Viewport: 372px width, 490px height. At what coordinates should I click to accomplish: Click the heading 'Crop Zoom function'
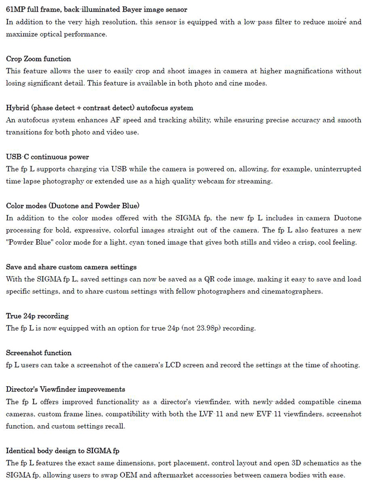tap(38, 59)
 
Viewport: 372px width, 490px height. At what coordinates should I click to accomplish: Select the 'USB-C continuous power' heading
tap(47, 157)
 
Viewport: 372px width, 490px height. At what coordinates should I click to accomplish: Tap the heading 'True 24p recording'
tap(37, 316)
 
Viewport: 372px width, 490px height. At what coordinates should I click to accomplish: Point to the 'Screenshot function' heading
tap(39, 353)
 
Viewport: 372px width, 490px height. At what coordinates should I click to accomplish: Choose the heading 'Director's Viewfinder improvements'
tap(65, 389)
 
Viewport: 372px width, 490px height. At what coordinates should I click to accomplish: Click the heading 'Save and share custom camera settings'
tap(71, 267)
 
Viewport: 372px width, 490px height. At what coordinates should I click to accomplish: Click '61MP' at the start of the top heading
tap(16, 10)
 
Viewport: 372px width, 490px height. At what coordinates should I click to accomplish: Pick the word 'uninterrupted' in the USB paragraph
tap(337, 169)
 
